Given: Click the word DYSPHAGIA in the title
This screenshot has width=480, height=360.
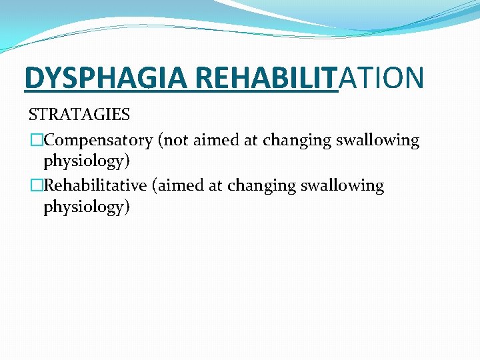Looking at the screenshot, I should pyautogui.click(x=105, y=77).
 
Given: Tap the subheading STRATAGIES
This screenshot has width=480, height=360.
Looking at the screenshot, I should pyautogui.click(x=79, y=115).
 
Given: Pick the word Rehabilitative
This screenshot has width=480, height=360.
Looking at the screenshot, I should pyautogui.click(x=95, y=186).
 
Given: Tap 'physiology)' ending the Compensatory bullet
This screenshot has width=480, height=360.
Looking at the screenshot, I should pyautogui.click(x=87, y=162).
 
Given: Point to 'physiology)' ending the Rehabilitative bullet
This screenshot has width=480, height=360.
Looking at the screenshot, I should pyautogui.click(x=87, y=207).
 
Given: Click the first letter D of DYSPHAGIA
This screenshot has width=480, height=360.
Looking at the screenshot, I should pyautogui.click(x=33, y=77).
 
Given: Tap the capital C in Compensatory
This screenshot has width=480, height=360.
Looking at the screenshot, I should pyautogui.click(x=49, y=141).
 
